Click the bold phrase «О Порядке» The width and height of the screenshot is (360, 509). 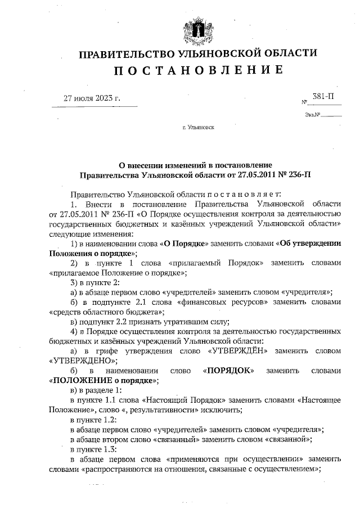[186, 243]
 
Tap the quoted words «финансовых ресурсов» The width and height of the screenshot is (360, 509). [215, 301]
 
